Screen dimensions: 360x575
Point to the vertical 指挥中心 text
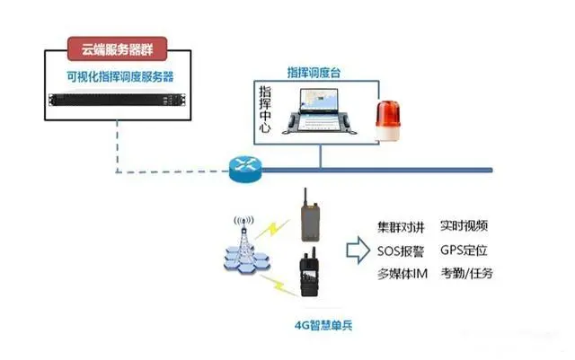(265, 109)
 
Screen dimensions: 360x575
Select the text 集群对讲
(399, 226)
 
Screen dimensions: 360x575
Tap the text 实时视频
(464, 226)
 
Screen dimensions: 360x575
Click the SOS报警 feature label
(399, 250)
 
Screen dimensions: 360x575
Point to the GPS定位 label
(464, 250)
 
